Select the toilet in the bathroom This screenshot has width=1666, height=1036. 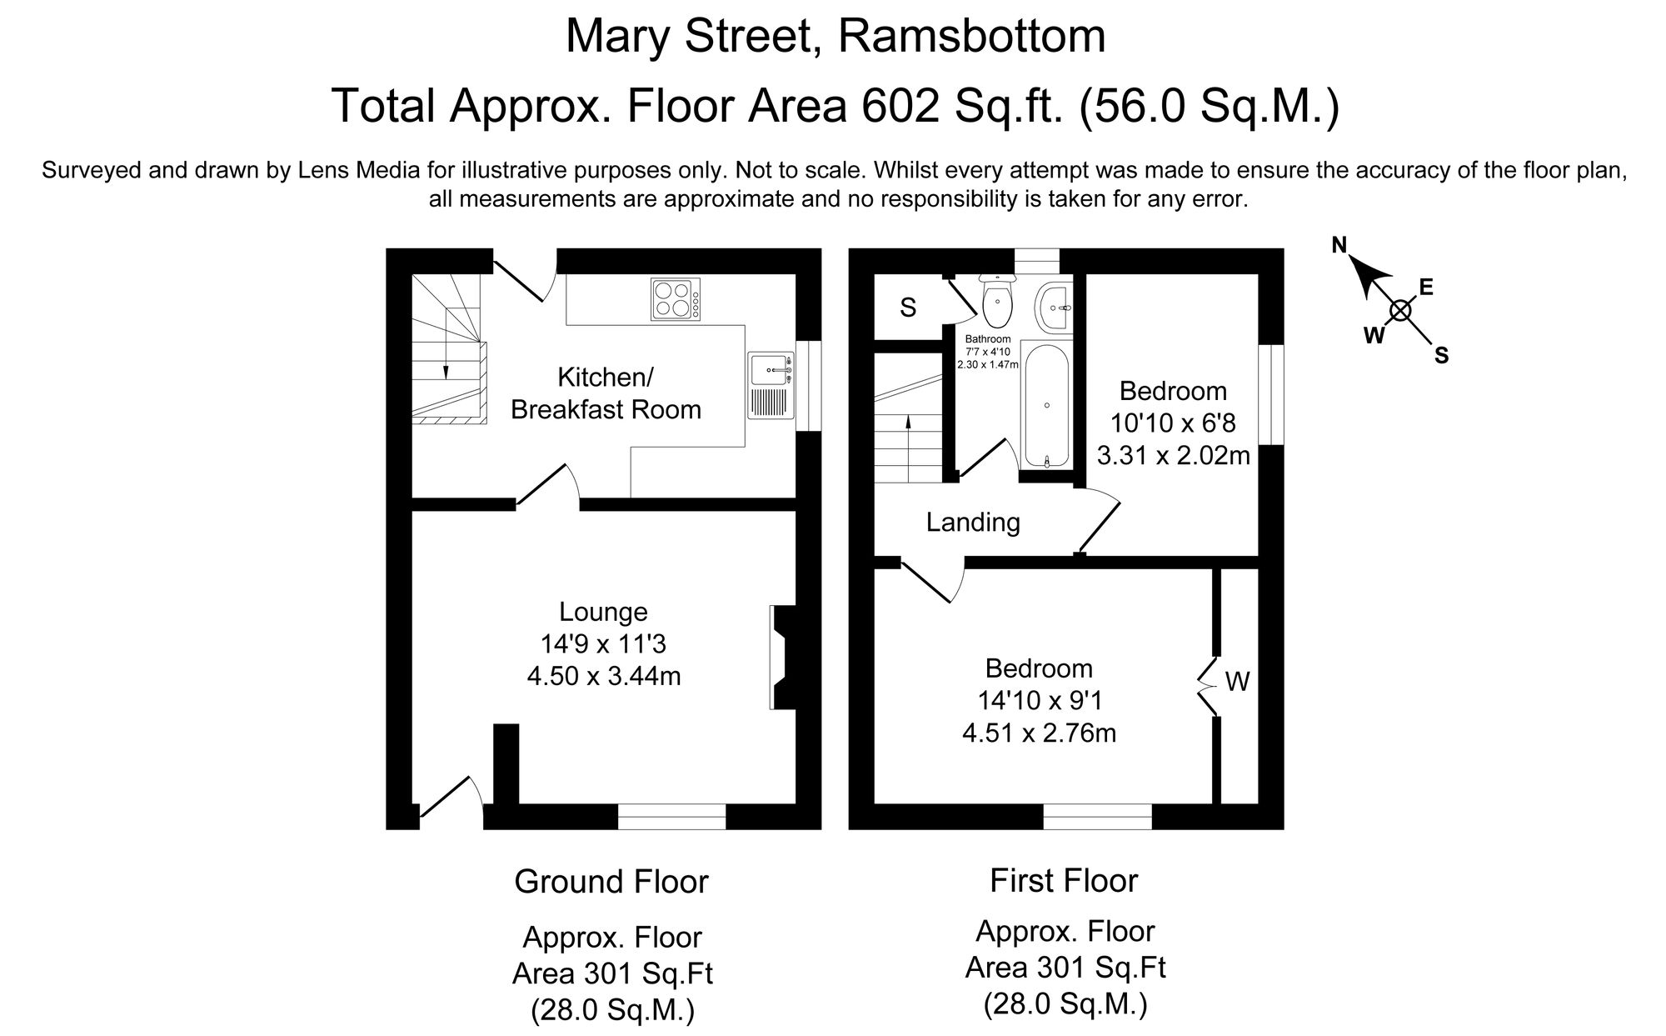coord(996,303)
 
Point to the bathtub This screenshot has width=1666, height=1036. coord(1046,407)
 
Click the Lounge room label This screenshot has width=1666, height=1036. coord(603,612)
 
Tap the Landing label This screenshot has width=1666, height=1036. coord(973,523)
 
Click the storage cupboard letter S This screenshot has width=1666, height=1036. coord(908,308)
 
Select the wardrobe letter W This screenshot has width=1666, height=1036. coord(1237,683)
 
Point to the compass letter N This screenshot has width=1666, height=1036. coord(1339,245)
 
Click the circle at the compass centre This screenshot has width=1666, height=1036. coord(1400,311)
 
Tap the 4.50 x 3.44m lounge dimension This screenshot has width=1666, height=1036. coord(603,676)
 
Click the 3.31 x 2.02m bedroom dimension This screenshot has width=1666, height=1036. coord(1173,455)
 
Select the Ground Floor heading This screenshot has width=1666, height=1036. coord(611,882)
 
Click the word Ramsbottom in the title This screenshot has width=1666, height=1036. coord(971,37)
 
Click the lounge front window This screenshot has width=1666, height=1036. coord(671,817)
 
